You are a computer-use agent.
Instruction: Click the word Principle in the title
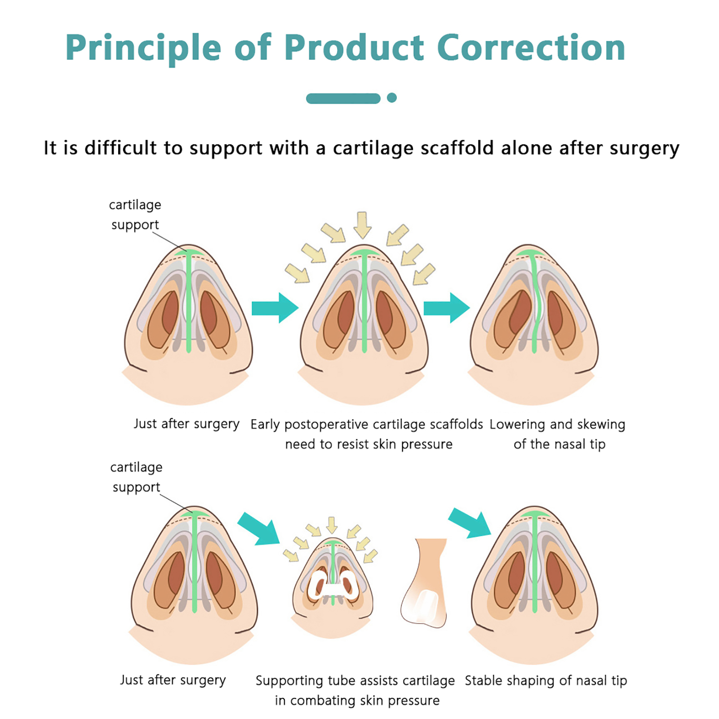click(143, 49)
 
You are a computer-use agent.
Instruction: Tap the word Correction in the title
click(531, 48)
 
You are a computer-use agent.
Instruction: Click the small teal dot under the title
click(392, 98)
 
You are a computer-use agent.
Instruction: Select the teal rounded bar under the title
click(343, 98)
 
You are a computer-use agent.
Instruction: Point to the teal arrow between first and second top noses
click(275, 308)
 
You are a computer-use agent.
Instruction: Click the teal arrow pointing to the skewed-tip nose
click(447, 308)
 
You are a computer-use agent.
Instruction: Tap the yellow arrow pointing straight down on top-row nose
click(362, 224)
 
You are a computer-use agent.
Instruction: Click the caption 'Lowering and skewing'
click(557, 424)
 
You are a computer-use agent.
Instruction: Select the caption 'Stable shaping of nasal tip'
click(546, 680)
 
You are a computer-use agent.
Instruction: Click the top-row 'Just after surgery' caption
click(186, 424)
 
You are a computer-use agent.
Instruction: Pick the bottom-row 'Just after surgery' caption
click(173, 680)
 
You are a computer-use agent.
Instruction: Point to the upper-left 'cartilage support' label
click(135, 214)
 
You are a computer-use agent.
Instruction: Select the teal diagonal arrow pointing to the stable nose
click(470, 523)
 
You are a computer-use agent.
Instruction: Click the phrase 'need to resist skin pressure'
click(368, 444)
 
